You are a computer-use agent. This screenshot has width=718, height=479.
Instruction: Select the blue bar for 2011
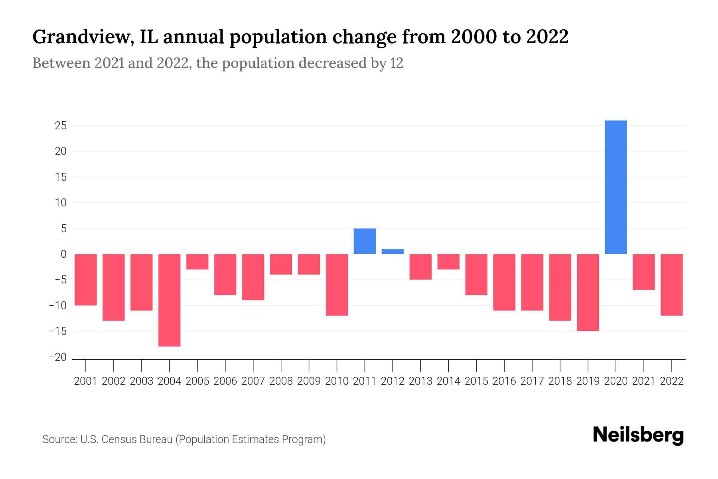[x=365, y=241]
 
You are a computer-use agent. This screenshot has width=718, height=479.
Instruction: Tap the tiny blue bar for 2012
[x=393, y=251]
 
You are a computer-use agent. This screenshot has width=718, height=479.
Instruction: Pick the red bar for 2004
[x=170, y=300]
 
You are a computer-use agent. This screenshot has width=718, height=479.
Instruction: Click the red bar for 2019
[x=588, y=292]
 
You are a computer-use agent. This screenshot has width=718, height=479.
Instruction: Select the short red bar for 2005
[x=197, y=262]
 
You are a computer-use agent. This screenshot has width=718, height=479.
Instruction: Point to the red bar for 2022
[x=671, y=285]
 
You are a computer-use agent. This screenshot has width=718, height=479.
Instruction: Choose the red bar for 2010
[x=337, y=285]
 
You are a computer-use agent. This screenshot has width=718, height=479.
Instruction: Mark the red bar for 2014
[x=448, y=262]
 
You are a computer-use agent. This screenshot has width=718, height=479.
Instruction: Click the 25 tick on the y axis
[x=61, y=126]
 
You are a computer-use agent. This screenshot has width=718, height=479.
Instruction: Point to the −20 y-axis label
[x=57, y=357]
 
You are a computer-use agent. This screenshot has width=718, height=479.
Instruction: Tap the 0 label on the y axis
[x=63, y=254]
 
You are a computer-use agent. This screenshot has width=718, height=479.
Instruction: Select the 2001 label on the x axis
[x=86, y=381]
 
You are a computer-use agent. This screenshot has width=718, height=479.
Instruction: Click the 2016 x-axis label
[x=504, y=381]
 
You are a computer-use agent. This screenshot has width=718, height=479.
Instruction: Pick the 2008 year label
[x=281, y=381]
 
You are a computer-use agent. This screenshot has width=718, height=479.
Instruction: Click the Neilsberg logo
[x=638, y=435]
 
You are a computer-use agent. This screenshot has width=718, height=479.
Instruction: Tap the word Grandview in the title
[x=82, y=37]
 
